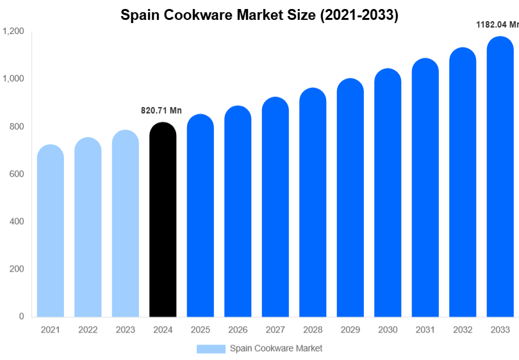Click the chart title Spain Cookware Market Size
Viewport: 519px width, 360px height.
point(259,15)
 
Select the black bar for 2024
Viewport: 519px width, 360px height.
point(163,221)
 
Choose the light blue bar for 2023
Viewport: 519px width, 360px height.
point(126,224)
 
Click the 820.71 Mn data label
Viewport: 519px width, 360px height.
point(161,111)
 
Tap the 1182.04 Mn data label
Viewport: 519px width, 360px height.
point(497,25)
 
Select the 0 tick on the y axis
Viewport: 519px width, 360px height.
point(21,316)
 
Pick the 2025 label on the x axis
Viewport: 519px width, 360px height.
point(201,330)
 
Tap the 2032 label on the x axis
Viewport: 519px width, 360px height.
point(463,330)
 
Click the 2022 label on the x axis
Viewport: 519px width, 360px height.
point(88,330)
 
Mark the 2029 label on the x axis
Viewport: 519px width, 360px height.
point(350,330)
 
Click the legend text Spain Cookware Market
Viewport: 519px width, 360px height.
point(276,348)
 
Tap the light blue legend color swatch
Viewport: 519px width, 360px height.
point(211,348)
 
